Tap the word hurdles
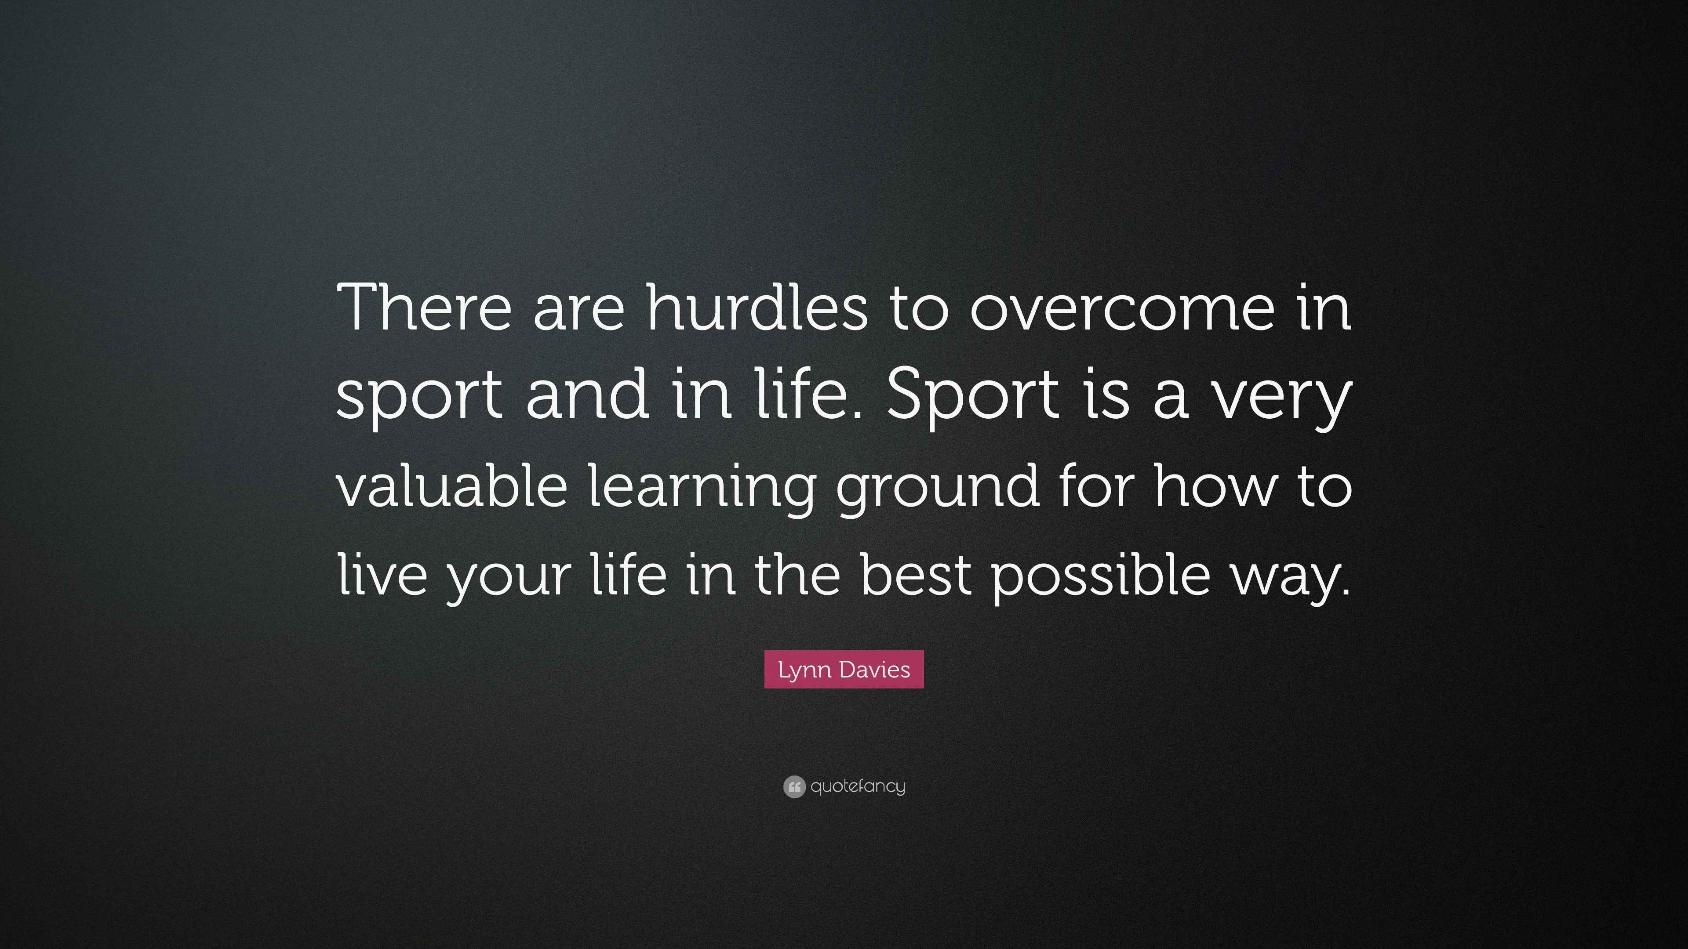(x=757, y=307)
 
